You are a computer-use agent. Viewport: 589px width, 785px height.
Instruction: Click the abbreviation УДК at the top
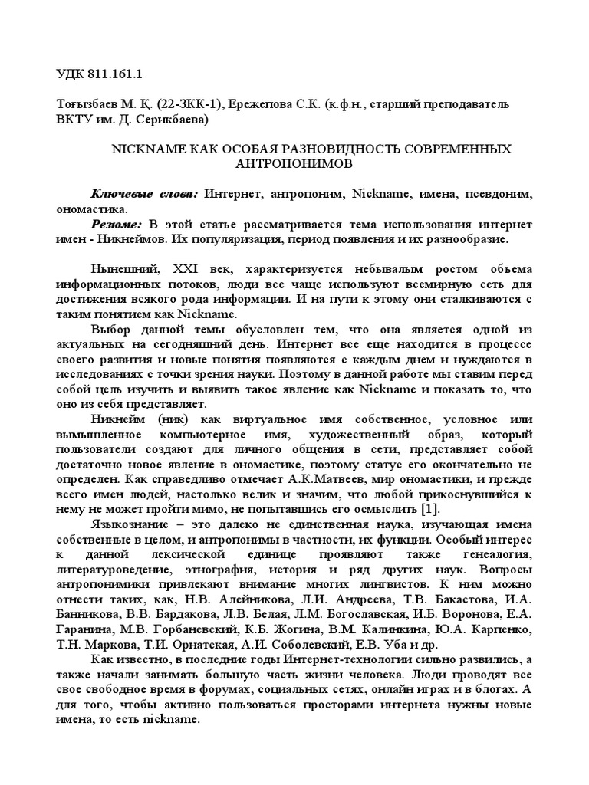point(74,74)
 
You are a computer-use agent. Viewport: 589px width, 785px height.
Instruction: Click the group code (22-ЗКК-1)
point(202,103)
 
